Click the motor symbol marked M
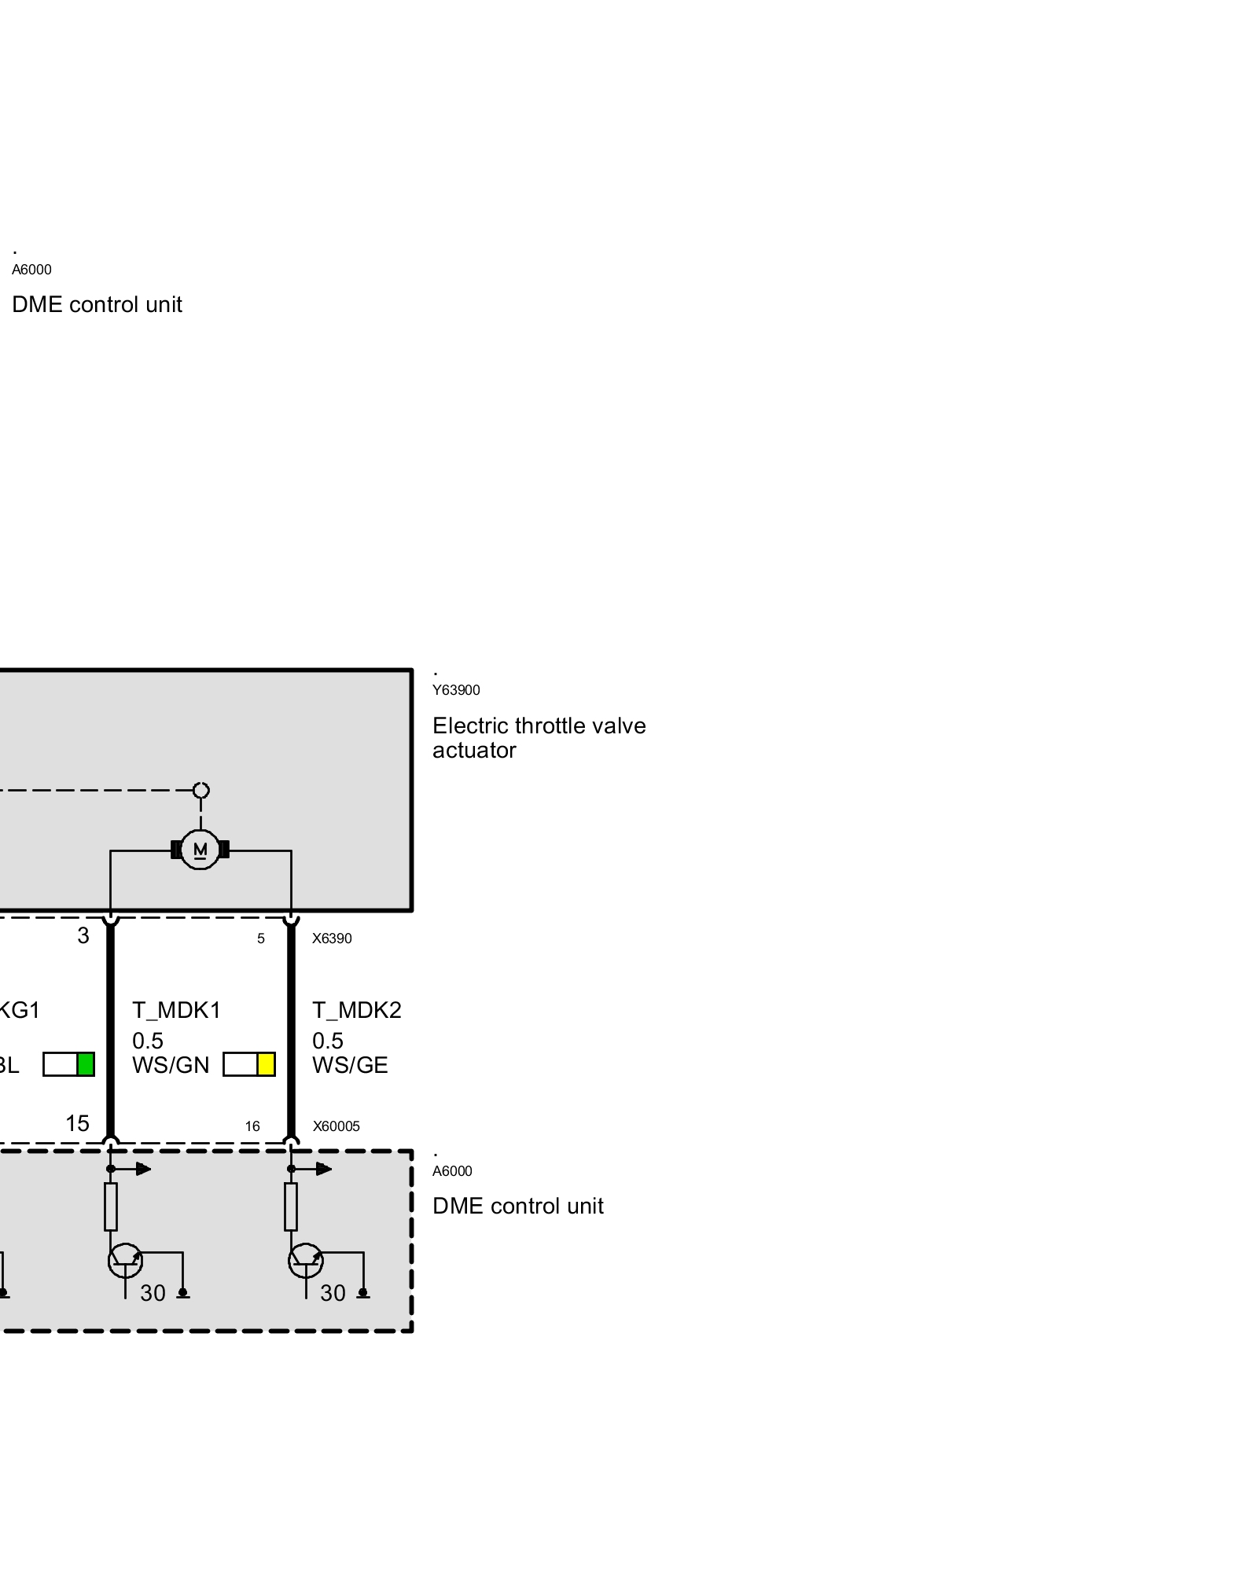(200, 850)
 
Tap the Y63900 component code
(456, 690)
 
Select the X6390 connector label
(332, 938)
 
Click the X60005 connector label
(336, 1126)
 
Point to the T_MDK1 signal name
(176, 1010)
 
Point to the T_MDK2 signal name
(356, 1010)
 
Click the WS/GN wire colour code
(171, 1066)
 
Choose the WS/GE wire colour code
(350, 1066)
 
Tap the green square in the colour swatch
(86, 1064)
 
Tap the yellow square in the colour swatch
(266, 1064)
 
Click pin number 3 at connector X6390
(83, 936)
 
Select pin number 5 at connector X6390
(261, 938)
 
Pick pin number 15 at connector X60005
(77, 1124)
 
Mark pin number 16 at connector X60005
(252, 1126)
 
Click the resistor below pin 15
(111, 1207)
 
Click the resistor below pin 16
(291, 1207)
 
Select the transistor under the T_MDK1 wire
(125, 1261)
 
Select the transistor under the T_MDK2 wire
(306, 1261)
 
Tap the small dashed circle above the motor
(201, 790)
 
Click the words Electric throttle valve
(539, 725)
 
